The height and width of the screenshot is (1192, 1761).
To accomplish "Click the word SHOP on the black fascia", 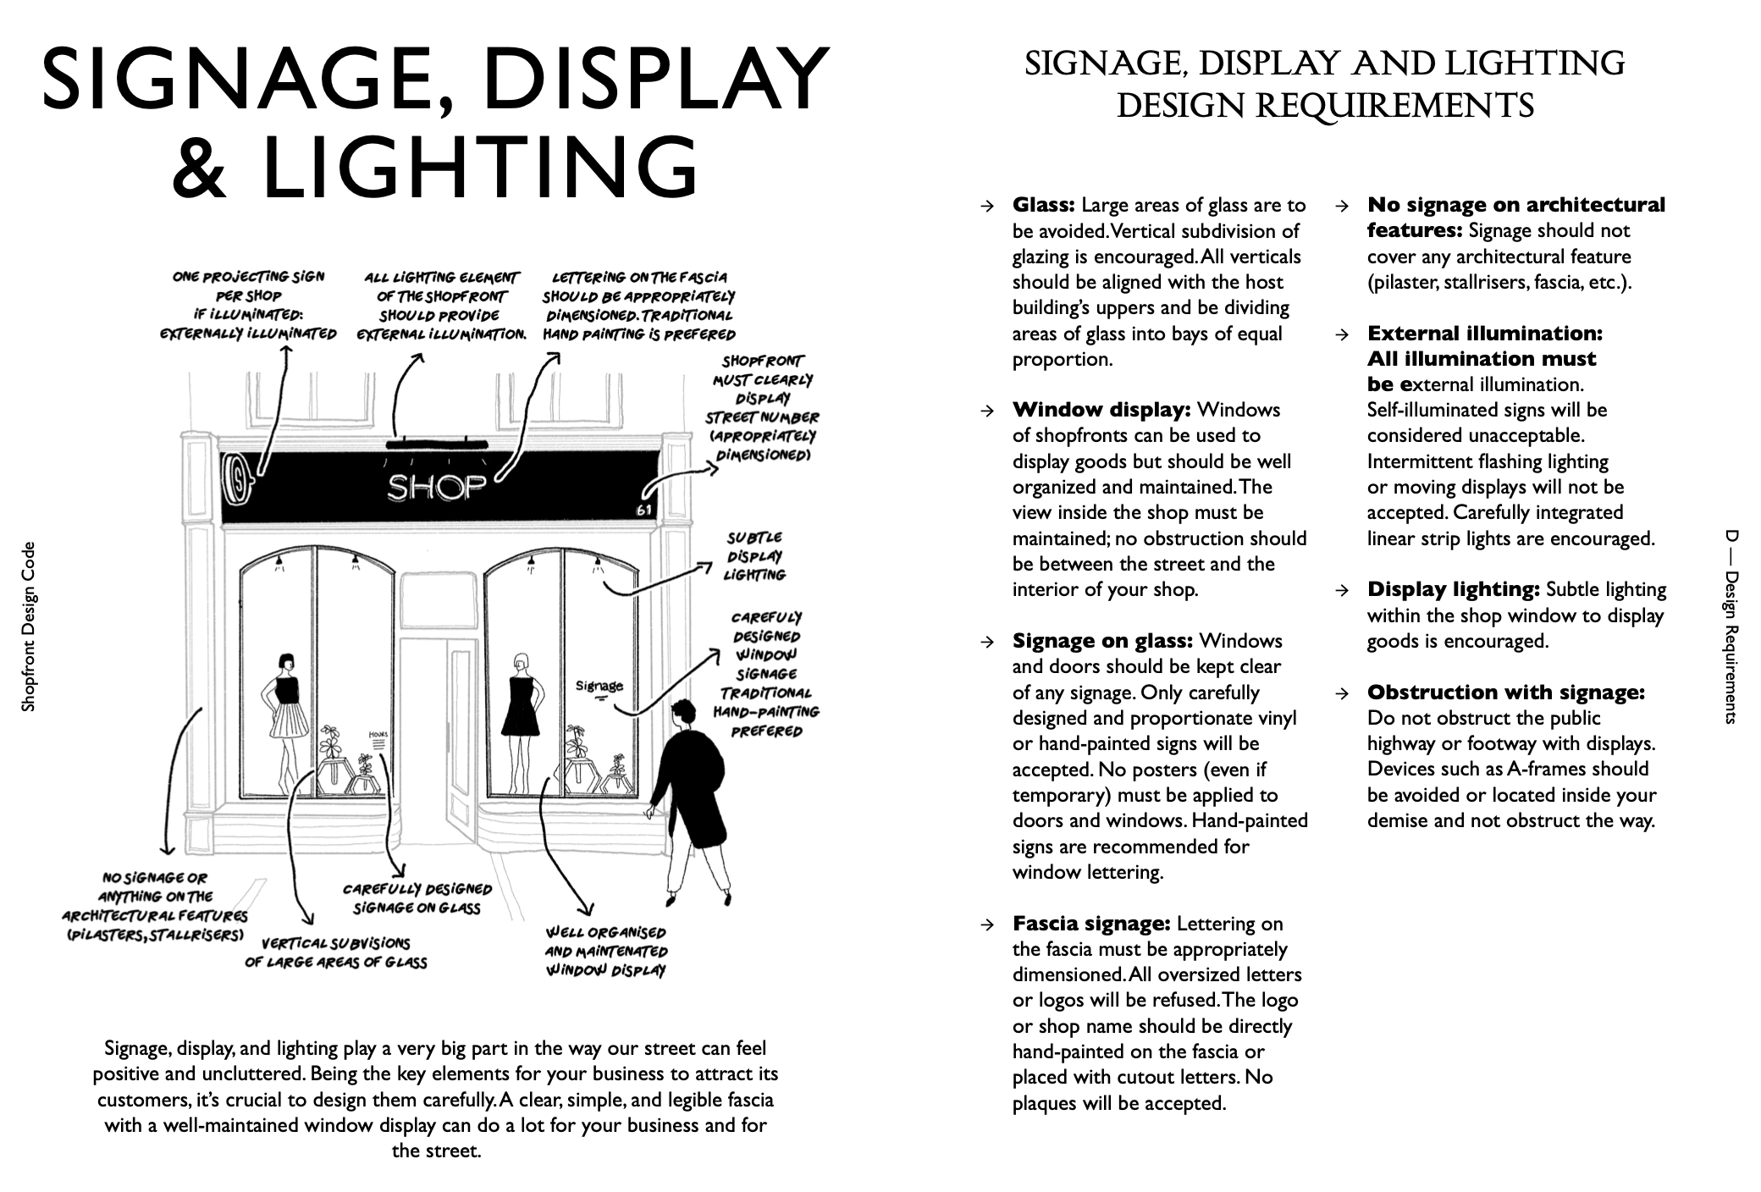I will tap(437, 486).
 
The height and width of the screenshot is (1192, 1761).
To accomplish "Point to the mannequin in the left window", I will tap(287, 711).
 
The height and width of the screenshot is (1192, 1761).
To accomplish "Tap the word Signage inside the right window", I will tap(599, 687).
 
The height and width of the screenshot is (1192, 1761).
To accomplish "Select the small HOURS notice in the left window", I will tap(378, 738).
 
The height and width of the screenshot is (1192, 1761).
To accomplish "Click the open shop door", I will tap(461, 737).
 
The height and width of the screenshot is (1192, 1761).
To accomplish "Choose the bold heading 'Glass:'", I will tap(1043, 206).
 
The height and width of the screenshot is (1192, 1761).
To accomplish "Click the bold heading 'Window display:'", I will tap(1101, 411).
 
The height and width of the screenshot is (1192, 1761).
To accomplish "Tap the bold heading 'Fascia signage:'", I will tap(1091, 924).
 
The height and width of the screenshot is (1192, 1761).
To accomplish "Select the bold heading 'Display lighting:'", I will tap(1453, 589).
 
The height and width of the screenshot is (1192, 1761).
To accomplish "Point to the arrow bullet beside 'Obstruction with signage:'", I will tap(1341, 693).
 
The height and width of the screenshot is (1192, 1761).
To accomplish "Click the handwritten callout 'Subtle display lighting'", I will tap(754, 556).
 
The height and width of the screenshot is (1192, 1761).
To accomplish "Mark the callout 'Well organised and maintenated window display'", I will tap(606, 952).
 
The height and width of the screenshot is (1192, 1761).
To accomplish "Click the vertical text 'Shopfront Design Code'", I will tap(29, 626).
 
